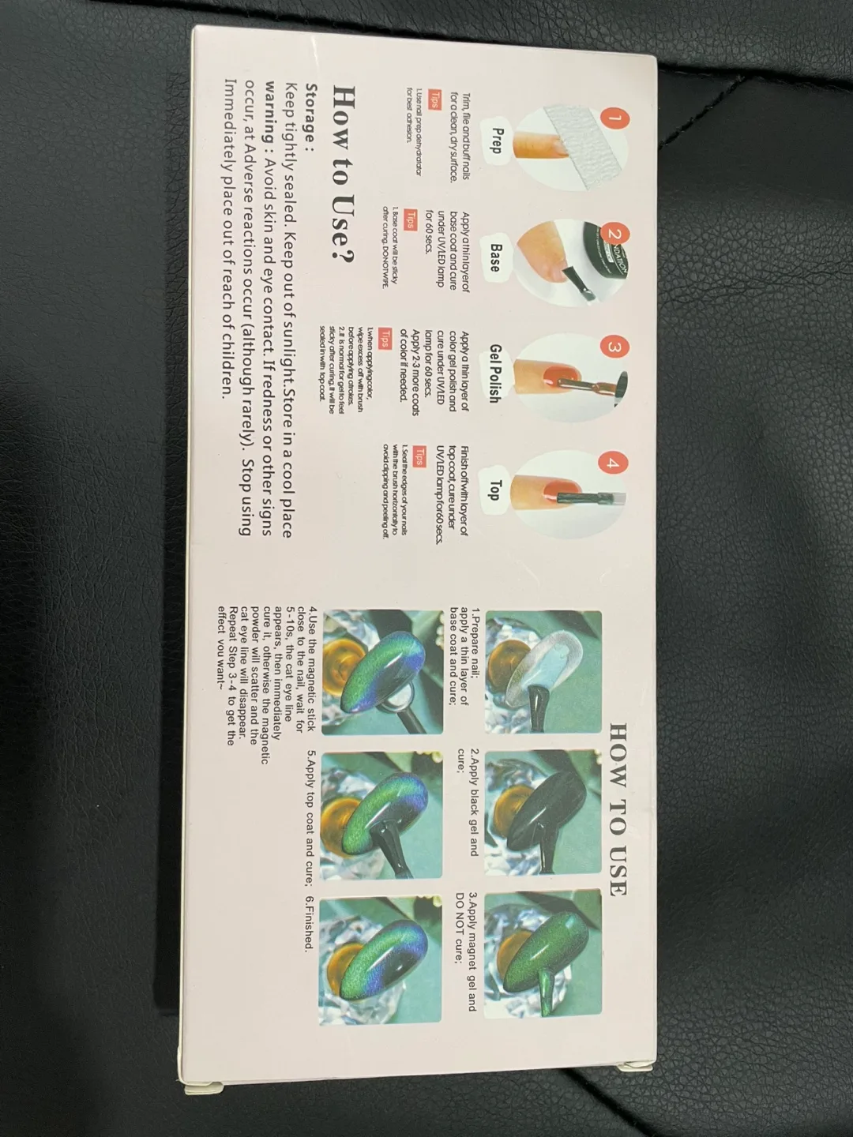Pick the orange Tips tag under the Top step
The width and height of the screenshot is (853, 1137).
pyautogui.click(x=419, y=458)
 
